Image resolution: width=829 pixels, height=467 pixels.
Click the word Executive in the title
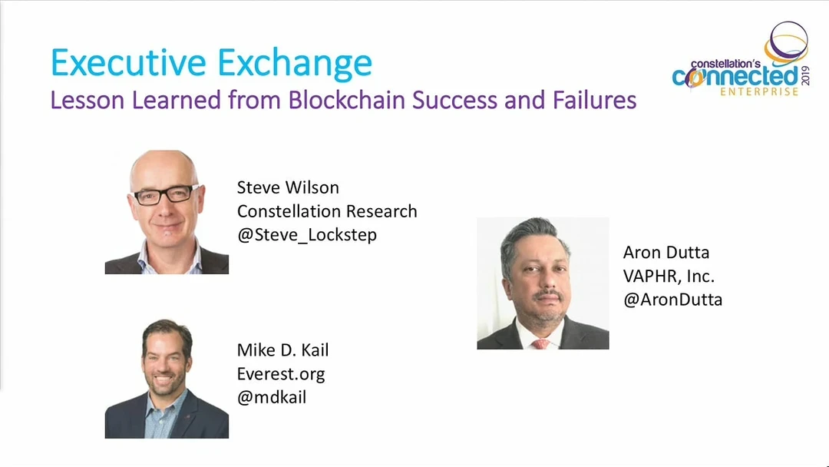(128, 62)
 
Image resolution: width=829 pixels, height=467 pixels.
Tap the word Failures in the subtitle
(594, 100)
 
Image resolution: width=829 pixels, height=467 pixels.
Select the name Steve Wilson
(288, 187)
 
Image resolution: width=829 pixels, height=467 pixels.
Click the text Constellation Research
(327, 211)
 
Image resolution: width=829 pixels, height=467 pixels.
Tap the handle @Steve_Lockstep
(306, 235)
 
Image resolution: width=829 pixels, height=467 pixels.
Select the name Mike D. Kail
(282, 349)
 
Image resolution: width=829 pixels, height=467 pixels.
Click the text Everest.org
(281, 374)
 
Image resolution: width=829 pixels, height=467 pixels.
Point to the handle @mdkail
(271, 397)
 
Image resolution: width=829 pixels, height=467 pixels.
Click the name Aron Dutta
(666, 252)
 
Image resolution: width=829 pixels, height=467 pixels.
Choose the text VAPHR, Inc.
(669, 276)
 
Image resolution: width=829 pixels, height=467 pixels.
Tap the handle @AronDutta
(672, 300)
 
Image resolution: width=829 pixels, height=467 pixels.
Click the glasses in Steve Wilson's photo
(167, 194)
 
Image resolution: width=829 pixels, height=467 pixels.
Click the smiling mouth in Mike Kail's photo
(163, 379)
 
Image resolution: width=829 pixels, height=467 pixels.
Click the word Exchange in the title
(295, 64)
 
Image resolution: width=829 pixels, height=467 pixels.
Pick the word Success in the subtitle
(454, 100)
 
